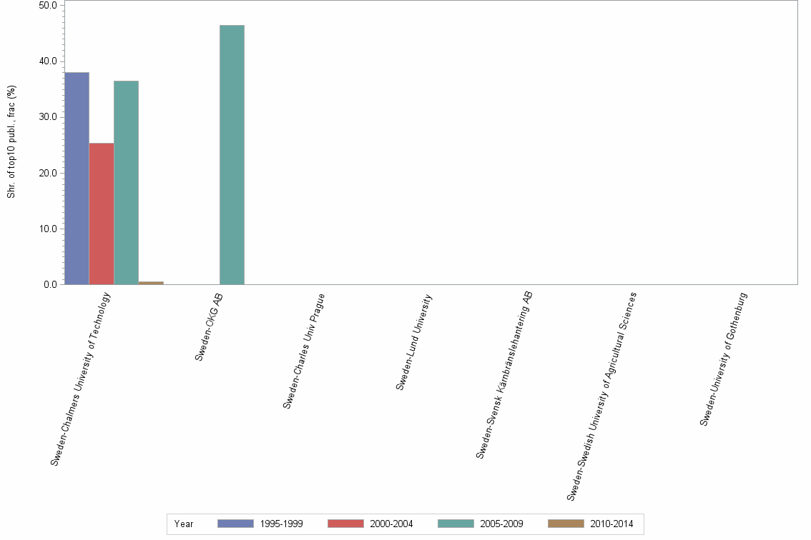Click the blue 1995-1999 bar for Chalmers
pyautogui.click(x=77, y=178)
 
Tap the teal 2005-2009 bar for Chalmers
pyautogui.click(x=126, y=182)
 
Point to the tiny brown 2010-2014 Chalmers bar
pyautogui.click(x=151, y=283)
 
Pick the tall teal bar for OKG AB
pyautogui.click(x=232, y=154)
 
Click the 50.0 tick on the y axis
pyautogui.click(x=49, y=5)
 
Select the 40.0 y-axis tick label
pyautogui.click(x=49, y=61)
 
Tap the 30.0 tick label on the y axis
pyautogui.click(x=49, y=117)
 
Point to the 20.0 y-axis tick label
pyautogui.click(x=49, y=173)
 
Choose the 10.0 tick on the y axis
pyautogui.click(x=49, y=229)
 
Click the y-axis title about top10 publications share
pyautogui.click(x=11, y=141)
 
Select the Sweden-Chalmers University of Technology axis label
pyautogui.click(x=81, y=379)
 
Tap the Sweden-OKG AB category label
pyautogui.click(x=211, y=326)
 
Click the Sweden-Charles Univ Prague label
pyautogui.click(x=304, y=350)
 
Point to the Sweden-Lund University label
pyautogui.click(x=414, y=342)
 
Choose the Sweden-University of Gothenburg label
pyautogui.click(x=724, y=359)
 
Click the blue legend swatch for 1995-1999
pyautogui.click(x=235, y=524)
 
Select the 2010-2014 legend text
pyautogui.click(x=611, y=524)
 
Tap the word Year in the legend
pyautogui.click(x=184, y=524)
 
